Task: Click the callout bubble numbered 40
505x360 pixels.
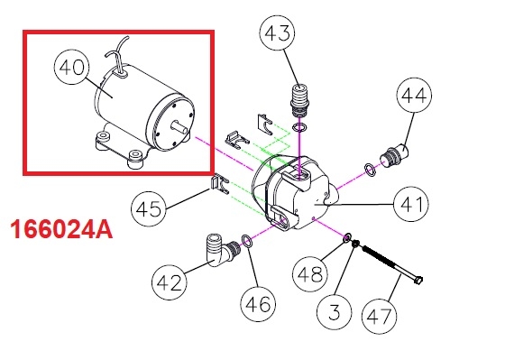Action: click(71, 67)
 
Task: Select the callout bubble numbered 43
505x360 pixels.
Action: click(277, 32)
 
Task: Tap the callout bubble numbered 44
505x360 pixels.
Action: click(414, 95)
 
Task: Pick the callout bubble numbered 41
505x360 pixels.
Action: click(411, 204)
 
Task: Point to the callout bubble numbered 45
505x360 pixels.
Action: click(149, 208)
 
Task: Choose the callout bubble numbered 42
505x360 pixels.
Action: click(170, 282)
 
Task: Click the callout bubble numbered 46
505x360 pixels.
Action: click(258, 304)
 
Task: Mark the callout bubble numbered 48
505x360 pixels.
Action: click(310, 274)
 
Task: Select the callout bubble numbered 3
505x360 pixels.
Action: click(335, 311)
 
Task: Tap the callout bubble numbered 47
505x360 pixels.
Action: click(380, 316)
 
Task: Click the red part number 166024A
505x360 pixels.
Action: click(61, 229)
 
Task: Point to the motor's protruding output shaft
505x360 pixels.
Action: click(180, 125)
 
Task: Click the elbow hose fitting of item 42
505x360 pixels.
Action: click(222, 251)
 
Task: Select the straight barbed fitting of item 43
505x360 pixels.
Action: click(299, 99)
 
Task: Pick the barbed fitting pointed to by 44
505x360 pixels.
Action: click(394, 154)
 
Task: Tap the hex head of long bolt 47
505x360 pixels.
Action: click(418, 280)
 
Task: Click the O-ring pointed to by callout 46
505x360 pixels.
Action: click(247, 241)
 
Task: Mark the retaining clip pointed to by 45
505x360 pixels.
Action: click(220, 184)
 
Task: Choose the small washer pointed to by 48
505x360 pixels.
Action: click(347, 238)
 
